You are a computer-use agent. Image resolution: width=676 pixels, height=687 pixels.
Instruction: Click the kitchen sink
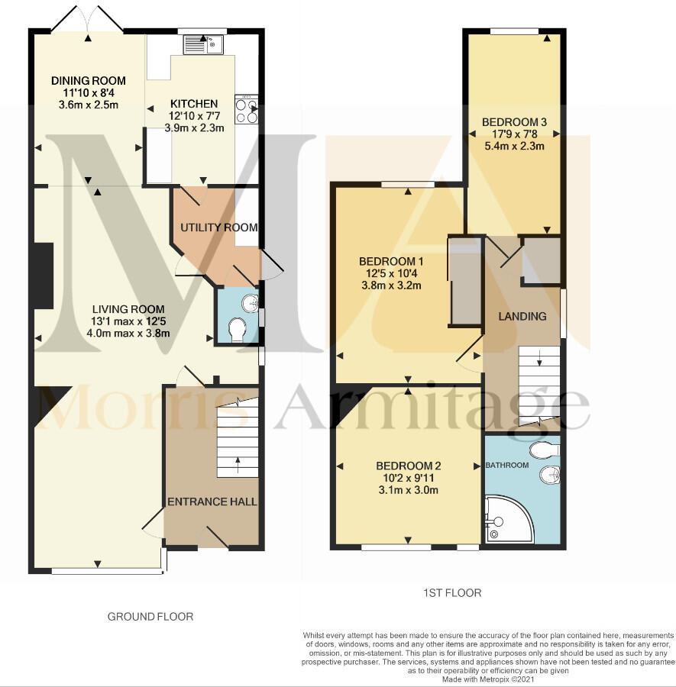203,44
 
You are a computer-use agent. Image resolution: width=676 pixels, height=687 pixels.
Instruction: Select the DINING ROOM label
89,81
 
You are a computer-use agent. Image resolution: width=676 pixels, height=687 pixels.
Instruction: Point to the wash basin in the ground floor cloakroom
251,303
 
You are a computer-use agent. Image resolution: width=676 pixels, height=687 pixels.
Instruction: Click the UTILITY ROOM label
218,227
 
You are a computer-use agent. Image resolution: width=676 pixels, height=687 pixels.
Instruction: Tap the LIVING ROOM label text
128,309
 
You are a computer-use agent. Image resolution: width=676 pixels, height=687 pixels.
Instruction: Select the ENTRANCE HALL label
212,502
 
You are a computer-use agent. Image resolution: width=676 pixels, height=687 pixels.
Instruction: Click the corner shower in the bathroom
509,519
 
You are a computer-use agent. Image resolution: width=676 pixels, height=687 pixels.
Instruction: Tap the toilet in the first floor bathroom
544,450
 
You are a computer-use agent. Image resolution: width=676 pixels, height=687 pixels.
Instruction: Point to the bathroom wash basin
550,476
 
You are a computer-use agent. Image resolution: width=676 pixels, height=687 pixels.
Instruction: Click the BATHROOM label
507,466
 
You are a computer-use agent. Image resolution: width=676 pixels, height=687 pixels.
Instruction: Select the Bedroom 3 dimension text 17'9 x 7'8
515,134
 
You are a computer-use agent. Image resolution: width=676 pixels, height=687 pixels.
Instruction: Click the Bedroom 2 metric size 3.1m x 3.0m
409,490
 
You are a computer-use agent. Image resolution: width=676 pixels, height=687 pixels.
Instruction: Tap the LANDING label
522,316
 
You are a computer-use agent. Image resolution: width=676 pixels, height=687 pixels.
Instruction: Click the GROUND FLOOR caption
150,617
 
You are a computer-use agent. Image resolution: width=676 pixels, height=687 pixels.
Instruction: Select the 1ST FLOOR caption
452,593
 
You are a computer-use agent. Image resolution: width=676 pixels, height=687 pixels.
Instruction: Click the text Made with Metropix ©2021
488,679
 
